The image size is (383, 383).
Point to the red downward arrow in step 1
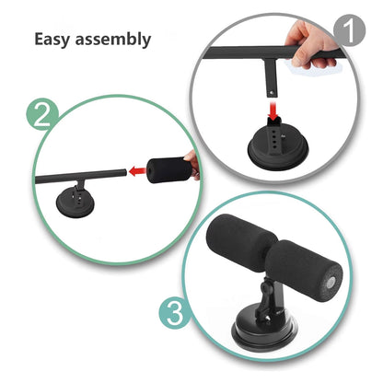272,110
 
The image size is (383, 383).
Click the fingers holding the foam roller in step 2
191,163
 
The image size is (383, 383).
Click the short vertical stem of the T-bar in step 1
273,83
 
